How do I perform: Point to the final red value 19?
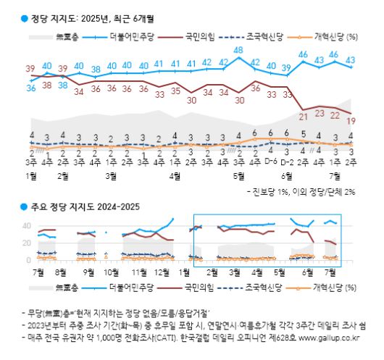[351, 121]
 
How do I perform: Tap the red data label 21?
[304, 117]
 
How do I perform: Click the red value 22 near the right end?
[335, 114]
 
